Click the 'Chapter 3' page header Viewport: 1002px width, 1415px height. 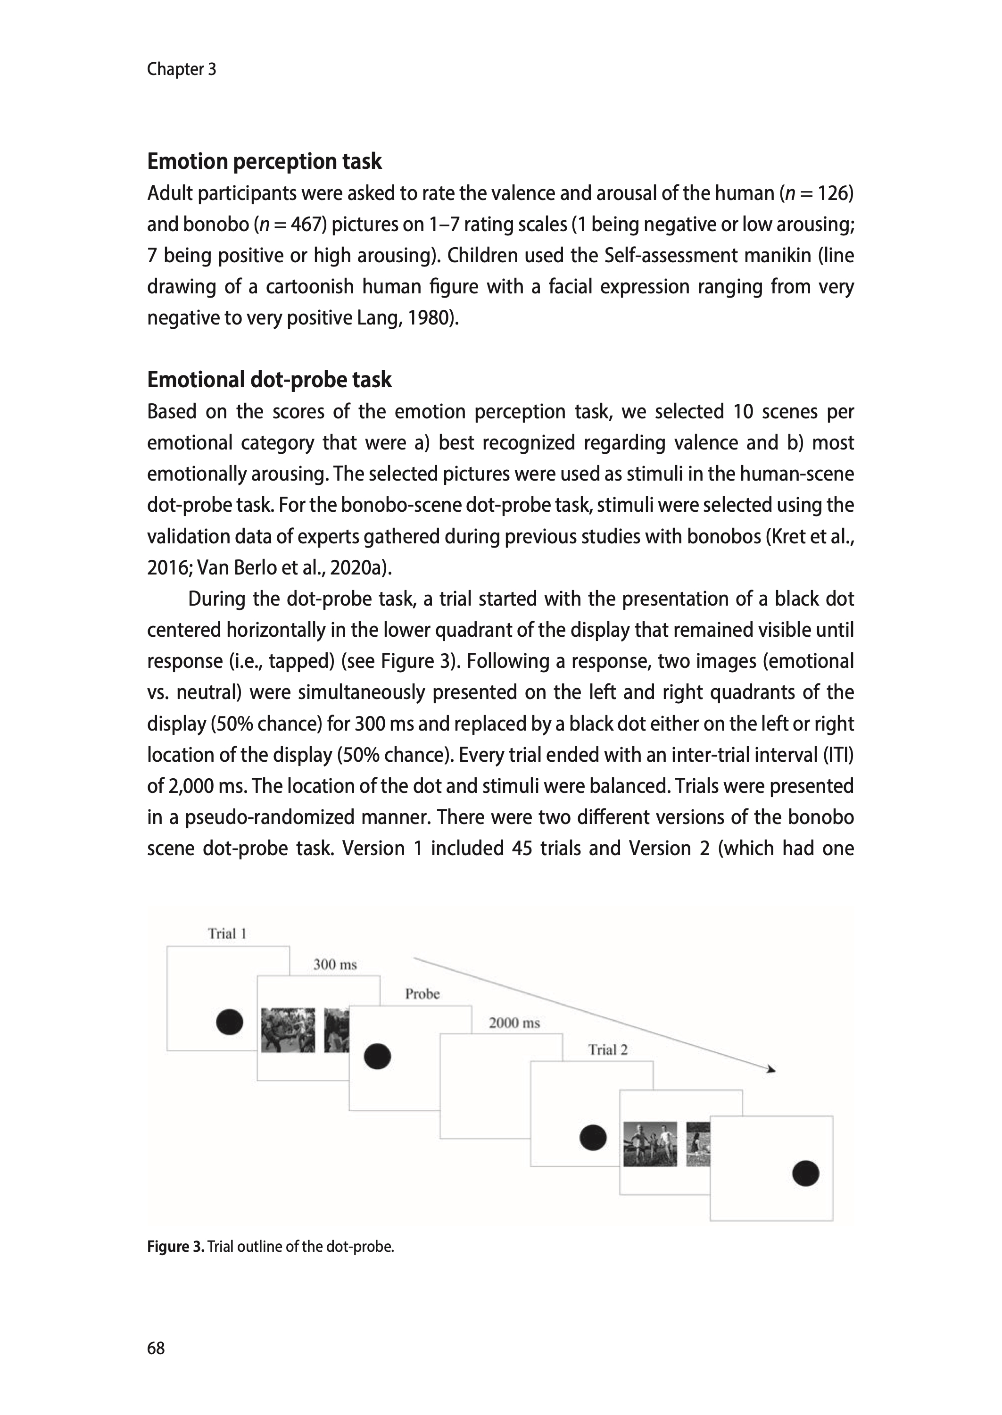pyautogui.click(x=182, y=69)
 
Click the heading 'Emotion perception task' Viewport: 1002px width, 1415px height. pyautogui.click(x=264, y=162)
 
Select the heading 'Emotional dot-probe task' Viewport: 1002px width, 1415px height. pyautogui.click(x=269, y=380)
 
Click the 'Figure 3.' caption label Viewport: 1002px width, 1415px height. pyautogui.click(x=175, y=1247)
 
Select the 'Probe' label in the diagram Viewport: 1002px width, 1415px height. pyautogui.click(x=422, y=993)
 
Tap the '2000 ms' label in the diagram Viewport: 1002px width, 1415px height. pyautogui.click(x=514, y=1023)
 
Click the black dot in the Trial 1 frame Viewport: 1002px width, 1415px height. pyautogui.click(x=230, y=1022)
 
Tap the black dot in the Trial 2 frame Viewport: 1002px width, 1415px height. pyautogui.click(x=593, y=1137)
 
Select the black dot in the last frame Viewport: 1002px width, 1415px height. pyautogui.click(x=805, y=1173)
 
